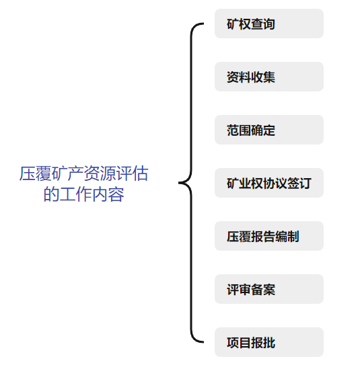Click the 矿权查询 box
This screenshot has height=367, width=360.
pos(269,24)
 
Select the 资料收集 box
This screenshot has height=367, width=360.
pos(269,77)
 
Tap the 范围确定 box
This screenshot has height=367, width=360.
pos(269,130)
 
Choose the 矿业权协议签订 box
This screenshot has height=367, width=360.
pos(269,183)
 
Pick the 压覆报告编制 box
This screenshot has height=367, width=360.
pos(269,236)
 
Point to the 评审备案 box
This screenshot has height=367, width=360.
pos(269,289)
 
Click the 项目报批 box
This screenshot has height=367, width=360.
pos(269,342)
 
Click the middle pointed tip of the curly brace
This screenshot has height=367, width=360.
pos(179,183)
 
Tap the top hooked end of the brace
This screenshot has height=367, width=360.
pos(203,24)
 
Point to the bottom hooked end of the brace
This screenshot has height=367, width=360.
pos(203,342)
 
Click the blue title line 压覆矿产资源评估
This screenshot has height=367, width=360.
pos(83,173)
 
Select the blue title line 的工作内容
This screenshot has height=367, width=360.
pos(83,194)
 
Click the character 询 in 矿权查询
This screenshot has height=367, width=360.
pos(269,24)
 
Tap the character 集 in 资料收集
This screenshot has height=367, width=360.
pos(269,77)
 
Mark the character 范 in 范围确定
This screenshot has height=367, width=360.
pos(233,130)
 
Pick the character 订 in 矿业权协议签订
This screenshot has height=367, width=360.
pos(305,184)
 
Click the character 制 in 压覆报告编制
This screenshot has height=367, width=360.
pos(293,237)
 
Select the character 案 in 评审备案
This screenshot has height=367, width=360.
pos(269,290)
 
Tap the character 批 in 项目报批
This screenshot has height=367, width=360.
pos(269,343)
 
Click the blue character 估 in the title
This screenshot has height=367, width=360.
pos(140,173)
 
